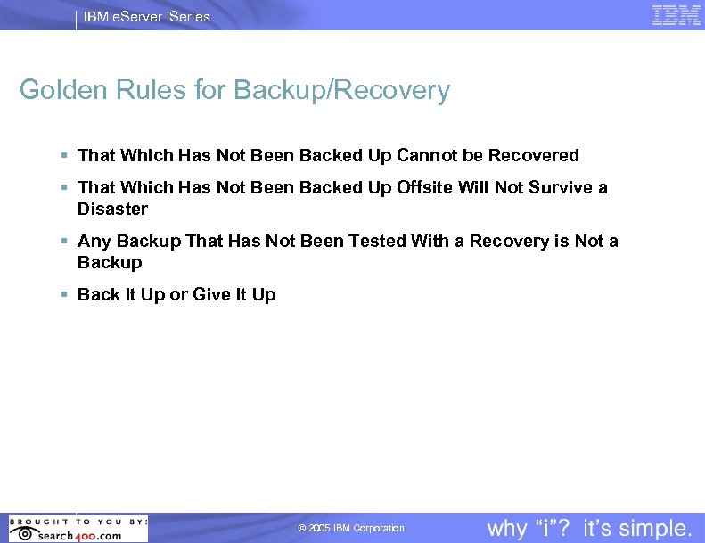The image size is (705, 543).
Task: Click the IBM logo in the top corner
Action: (676, 15)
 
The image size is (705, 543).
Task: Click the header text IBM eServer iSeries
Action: (147, 16)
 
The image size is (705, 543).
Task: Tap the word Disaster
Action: (112, 209)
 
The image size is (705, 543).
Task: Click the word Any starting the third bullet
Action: (94, 241)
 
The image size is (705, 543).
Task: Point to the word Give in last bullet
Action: (212, 294)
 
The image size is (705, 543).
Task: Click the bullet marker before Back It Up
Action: (65, 294)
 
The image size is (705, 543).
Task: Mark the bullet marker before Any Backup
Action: (65, 241)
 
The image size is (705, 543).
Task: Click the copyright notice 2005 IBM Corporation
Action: (351, 529)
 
